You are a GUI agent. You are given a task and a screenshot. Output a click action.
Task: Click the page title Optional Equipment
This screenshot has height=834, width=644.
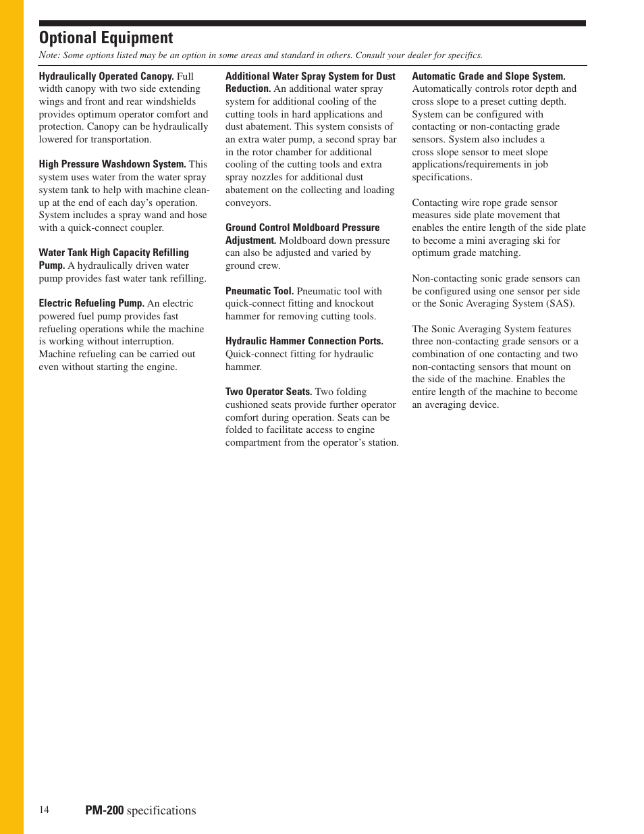click(106, 38)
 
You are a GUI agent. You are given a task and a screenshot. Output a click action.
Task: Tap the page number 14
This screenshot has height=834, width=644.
click(44, 810)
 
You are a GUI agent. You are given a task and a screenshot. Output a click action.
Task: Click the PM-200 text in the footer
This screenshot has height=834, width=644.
click(104, 810)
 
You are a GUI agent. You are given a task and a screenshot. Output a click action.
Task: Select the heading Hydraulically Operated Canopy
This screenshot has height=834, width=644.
click(106, 76)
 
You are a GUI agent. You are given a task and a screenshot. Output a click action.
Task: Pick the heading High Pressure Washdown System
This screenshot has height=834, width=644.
click(112, 164)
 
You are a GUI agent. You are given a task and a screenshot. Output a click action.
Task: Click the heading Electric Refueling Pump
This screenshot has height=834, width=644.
click(91, 303)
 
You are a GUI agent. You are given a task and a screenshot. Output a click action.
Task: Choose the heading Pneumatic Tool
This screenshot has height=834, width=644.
click(259, 291)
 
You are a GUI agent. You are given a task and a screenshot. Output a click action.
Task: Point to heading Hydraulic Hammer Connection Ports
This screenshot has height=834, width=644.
click(304, 341)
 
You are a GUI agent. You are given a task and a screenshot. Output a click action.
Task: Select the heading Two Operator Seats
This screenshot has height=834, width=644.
click(268, 392)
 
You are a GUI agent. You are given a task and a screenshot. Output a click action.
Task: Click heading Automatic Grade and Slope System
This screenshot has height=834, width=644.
click(488, 76)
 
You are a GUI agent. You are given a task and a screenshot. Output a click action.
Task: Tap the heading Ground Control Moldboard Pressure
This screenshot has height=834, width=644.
click(302, 228)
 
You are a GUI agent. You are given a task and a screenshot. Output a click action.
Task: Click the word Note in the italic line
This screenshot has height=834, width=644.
click(49, 55)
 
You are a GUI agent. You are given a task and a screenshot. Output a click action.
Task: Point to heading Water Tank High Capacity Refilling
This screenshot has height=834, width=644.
click(113, 253)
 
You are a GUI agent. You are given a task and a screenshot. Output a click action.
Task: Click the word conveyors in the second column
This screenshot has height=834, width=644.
click(248, 203)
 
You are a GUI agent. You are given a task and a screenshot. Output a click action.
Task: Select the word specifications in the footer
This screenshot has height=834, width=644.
click(161, 810)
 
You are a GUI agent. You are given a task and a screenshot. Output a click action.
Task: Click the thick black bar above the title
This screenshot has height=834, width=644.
click(312, 23)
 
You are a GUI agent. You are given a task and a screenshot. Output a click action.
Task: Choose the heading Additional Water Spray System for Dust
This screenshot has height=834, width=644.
click(310, 76)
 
